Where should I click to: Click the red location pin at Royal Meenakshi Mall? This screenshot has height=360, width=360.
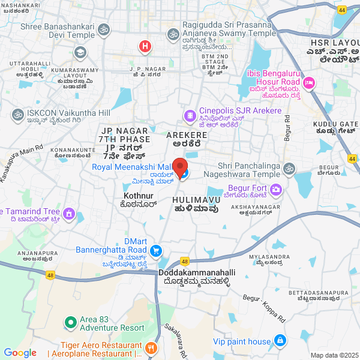coord(180,166)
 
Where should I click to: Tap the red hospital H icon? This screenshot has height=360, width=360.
coord(145,46)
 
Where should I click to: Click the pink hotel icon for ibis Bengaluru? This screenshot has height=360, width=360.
coord(309,82)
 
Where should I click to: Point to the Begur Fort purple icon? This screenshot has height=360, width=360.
coord(275,190)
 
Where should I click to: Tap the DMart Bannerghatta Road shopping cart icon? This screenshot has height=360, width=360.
coord(156,250)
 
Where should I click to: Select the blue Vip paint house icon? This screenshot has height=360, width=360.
coord(280,341)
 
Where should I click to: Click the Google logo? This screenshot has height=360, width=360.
coord(20,353)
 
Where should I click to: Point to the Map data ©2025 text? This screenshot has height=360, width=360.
coord(334,355)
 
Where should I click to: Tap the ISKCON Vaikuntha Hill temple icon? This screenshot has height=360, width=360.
coord(17,113)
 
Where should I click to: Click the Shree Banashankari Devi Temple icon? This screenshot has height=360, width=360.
coord(104,29)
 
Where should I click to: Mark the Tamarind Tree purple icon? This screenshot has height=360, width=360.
coord(69,213)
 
